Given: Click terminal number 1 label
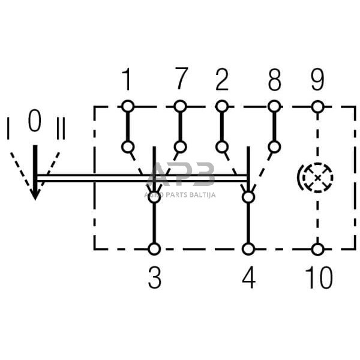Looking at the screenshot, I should tap(127, 79).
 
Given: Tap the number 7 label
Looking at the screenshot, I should tap(181, 79).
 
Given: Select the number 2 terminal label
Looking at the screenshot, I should tap(222, 79).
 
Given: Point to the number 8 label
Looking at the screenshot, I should tap(274, 79).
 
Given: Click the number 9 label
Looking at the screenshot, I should tap(317, 79).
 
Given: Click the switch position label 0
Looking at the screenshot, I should tap(35, 122).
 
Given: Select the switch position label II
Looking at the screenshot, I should tap(60, 129).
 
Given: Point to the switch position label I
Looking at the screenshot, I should tap(8, 129).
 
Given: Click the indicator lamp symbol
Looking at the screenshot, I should tap(316, 178).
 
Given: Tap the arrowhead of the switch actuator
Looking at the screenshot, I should tap(35, 193).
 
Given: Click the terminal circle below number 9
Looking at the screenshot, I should tap(317, 107).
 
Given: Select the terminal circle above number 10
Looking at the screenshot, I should tap(317, 248).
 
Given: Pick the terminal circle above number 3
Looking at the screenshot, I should tap(155, 248).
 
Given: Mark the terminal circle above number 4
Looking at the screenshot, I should tap(248, 248).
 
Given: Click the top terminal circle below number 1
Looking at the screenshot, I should tap(127, 107).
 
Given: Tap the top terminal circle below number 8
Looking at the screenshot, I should tap(274, 107).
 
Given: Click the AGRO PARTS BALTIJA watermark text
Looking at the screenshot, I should tap(180, 194).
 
